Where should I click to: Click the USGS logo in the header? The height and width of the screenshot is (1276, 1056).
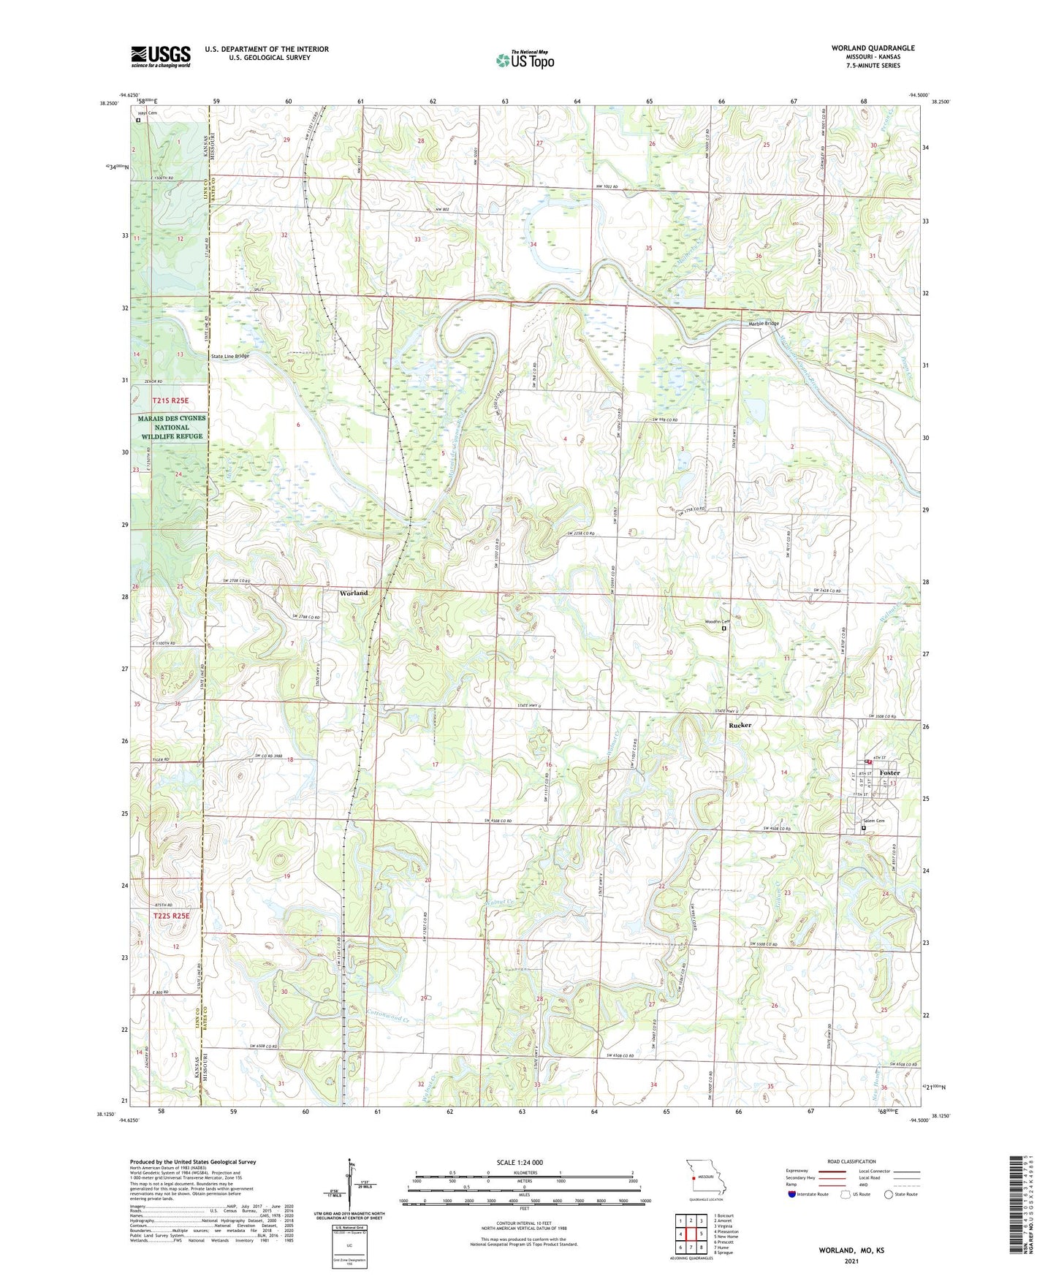[161, 56]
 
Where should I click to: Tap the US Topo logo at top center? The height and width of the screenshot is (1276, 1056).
[524, 61]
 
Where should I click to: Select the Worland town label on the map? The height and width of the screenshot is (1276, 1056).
[353, 593]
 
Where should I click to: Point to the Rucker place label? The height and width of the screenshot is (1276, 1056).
[740, 725]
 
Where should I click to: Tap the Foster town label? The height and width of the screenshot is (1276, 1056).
[889, 772]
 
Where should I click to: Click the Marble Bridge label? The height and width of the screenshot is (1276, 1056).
[763, 323]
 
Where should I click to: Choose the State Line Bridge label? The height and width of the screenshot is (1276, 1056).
[229, 356]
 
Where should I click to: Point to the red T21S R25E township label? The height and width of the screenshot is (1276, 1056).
[171, 400]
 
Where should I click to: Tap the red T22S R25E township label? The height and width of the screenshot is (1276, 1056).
[171, 916]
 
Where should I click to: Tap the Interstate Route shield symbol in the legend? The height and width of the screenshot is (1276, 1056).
[794, 1194]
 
